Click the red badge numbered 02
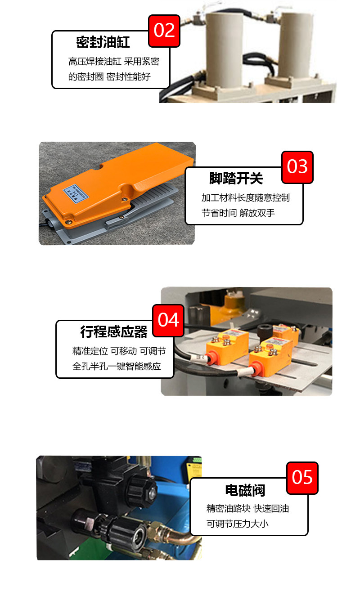[164, 31]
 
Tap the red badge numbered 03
[297, 167]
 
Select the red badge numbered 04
[168, 320]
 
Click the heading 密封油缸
[103, 43]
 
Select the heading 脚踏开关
[236, 178]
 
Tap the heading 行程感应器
[114, 332]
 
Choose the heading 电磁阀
[245, 490]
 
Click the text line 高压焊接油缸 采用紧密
[113, 61]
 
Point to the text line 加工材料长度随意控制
[245, 198]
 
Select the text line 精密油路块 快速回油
[247, 509]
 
